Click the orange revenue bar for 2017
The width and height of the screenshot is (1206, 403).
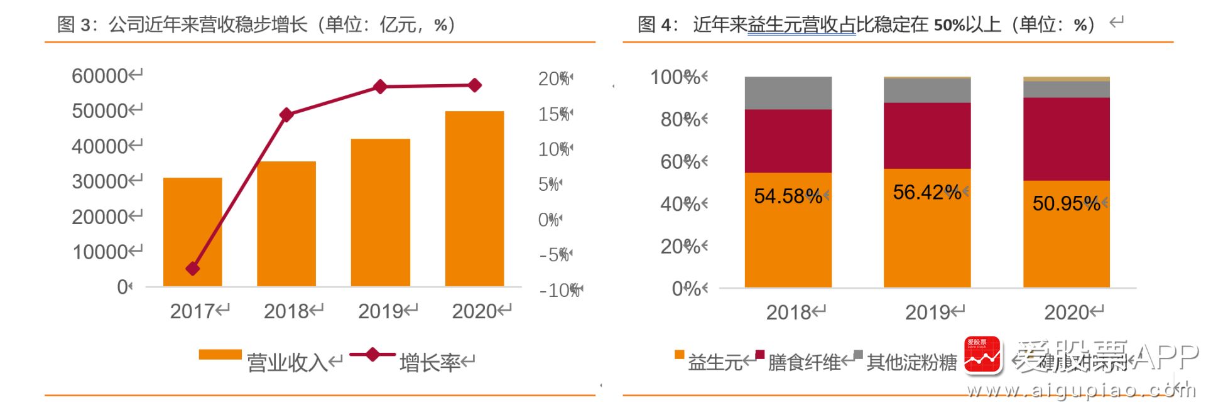click(192, 232)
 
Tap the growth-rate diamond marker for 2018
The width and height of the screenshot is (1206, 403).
click(286, 115)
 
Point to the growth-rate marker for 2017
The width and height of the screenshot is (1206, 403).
click(193, 269)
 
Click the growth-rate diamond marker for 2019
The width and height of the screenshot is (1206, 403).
click(380, 87)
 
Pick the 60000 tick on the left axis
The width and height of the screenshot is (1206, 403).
click(100, 76)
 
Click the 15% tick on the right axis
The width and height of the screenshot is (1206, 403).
click(553, 114)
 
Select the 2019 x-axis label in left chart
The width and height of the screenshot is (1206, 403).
click(380, 311)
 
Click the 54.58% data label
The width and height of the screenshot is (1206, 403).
click(788, 196)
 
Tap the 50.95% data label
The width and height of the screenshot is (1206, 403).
click(1066, 203)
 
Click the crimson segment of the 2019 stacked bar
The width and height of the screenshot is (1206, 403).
click(926, 136)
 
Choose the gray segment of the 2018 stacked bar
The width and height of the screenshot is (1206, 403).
click(788, 93)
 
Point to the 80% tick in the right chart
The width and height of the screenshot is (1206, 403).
click(680, 119)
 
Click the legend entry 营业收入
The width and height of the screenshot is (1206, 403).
click(286, 362)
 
